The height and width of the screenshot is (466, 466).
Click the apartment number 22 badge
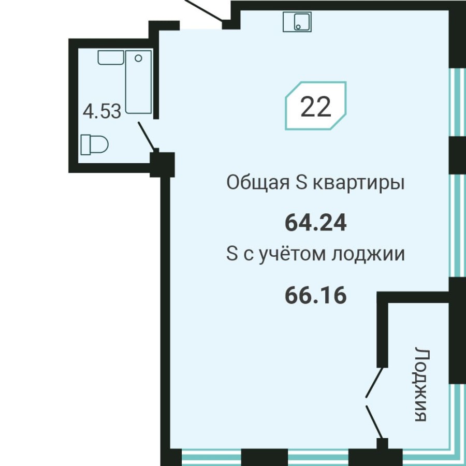315,106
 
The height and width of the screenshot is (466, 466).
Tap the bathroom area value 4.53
102,111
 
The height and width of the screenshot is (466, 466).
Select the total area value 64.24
315,223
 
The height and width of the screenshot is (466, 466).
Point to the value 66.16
315,296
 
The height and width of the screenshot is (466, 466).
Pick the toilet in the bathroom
94,144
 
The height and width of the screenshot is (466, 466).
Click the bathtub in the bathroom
138,81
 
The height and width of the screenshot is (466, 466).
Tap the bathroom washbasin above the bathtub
110,57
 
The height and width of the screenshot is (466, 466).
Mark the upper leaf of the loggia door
375,382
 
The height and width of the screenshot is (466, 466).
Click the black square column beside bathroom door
162,164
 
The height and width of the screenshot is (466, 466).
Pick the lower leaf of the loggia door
375,422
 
